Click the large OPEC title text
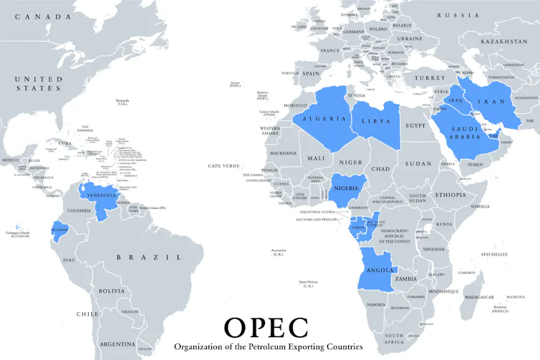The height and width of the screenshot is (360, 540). [266, 326]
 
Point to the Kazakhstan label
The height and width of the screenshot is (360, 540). [504, 42]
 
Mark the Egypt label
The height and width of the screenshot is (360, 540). [415, 125]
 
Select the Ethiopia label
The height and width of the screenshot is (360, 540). [450, 195]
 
